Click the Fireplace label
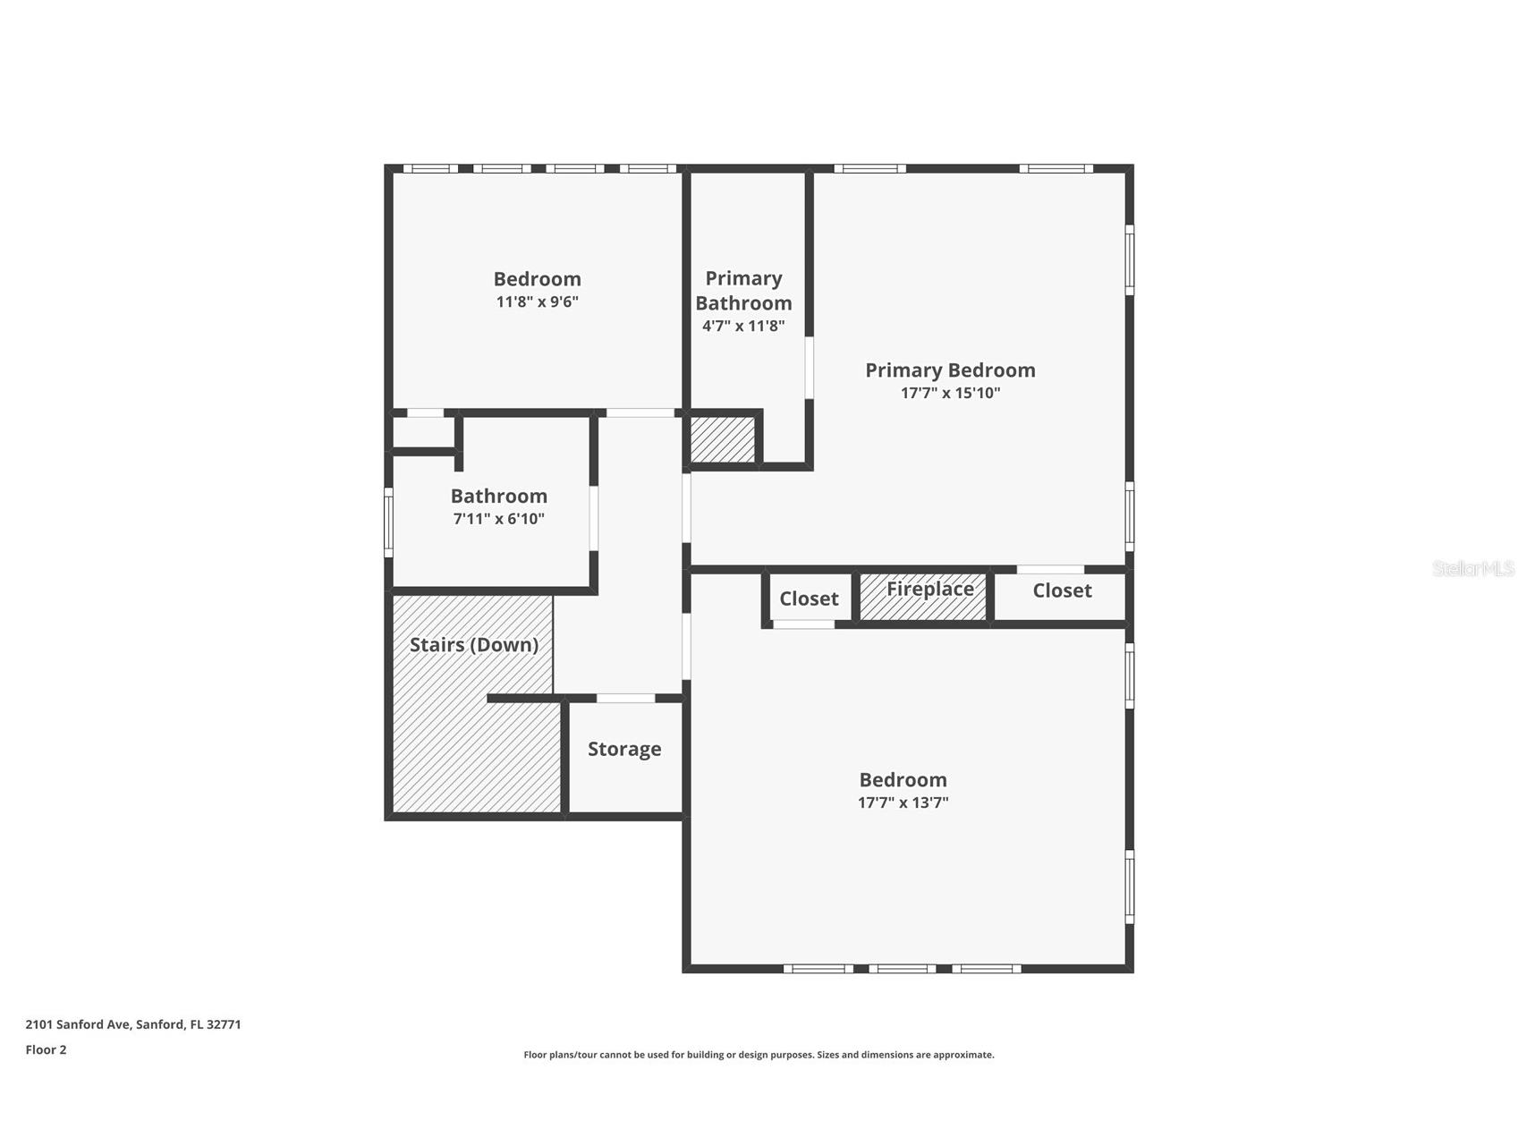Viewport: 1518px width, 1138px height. tap(929, 589)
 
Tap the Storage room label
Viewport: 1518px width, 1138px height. tap(624, 750)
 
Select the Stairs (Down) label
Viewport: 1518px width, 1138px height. tap(474, 645)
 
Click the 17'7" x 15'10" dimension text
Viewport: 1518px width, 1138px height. tap(950, 393)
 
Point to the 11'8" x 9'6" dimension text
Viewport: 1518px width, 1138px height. tap(538, 301)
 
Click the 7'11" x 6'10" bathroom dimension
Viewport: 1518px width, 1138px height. tap(498, 519)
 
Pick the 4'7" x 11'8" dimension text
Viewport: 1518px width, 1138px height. tap(743, 326)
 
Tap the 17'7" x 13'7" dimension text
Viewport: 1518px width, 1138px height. tap(903, 803)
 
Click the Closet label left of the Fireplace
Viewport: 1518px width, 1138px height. tap(809, 599)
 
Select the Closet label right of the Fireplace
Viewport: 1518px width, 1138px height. tap(1062, 590)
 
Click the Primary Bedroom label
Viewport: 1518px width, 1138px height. tap(950, 370)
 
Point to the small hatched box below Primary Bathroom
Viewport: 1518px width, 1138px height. tap(723, 439)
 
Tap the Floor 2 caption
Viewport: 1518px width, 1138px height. tap(46, 1049)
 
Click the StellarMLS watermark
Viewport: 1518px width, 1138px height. tap(1473, 568)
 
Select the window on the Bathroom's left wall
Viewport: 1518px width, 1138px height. tap(388, 522)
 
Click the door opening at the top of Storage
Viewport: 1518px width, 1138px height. tap(625, 698)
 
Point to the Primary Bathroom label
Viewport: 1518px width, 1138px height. tap(743, 291)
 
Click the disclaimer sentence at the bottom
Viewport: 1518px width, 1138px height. tap(759, 1055)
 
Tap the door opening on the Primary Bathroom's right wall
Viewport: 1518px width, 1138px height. tap(810, 367)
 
